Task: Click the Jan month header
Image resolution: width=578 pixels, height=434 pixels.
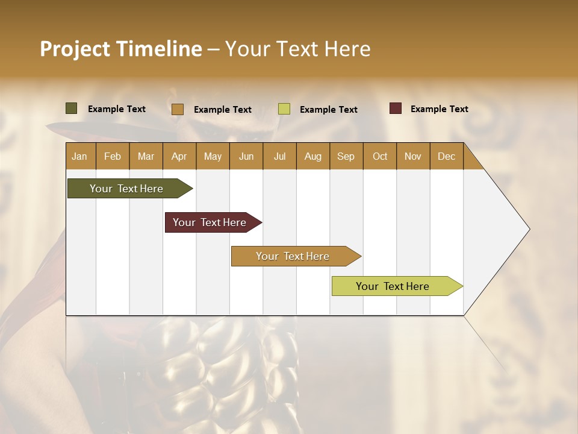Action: (79, 156)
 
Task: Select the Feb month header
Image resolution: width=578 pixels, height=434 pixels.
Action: (113, 156)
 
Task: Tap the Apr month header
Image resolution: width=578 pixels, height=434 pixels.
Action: (179, 156)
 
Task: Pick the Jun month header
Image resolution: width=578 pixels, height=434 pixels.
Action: (246, 156)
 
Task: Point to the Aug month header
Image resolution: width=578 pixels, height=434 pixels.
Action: (313, 156)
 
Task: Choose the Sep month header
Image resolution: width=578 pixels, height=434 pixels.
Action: (346, 156)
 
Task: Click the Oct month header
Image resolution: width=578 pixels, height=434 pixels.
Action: (380, 156)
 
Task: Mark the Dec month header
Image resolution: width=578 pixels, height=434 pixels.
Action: (447, 156)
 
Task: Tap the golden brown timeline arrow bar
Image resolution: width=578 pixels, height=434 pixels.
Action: (294, 256)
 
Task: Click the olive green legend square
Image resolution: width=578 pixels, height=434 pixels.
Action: (72, 108)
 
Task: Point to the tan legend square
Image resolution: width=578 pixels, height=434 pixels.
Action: (178, 109)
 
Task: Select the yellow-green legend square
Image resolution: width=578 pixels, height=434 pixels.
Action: (284, 109)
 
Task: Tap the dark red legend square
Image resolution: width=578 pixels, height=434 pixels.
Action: (396, 108)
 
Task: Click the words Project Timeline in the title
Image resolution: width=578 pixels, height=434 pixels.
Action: (121, 49)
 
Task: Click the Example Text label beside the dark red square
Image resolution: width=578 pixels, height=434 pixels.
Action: (440, 109)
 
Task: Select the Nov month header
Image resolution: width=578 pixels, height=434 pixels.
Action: (413, 156)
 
